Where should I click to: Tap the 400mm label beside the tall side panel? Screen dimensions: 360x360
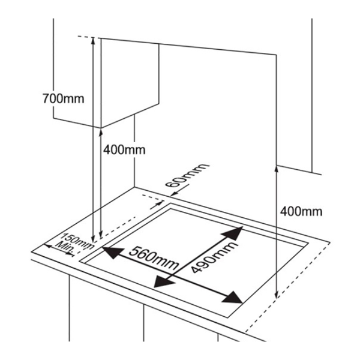[x=301, y=211]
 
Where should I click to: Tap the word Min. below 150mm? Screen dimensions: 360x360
[x=65, y=247]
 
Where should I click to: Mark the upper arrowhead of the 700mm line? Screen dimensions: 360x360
[x=93, y=40]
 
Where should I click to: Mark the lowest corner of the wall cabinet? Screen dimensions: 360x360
[x=100, y=127]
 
